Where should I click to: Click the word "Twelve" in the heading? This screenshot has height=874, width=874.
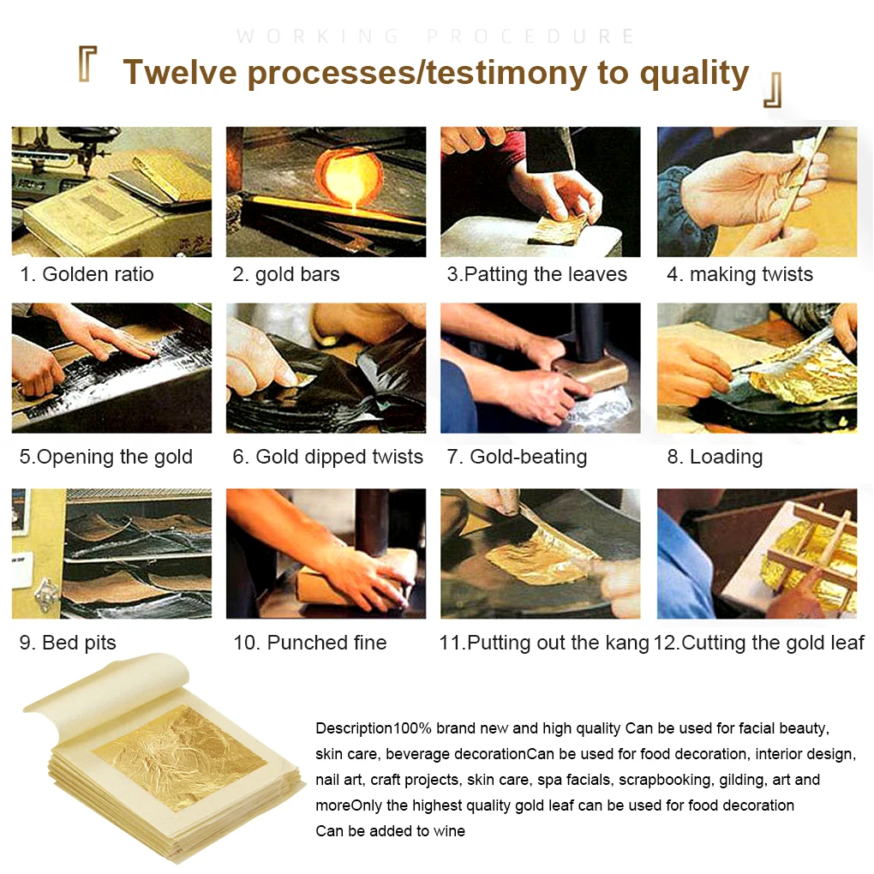click(x=180, y=73)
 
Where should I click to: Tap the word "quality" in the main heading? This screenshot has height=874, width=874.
click(x=694, y=74)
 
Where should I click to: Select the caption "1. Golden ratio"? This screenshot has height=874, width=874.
click(x=87, y=274)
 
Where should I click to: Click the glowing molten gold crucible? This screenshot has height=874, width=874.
click(x=349, y=177)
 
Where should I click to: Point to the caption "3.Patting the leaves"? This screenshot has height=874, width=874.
click(x=536, y=274)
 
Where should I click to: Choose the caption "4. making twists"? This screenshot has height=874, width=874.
click(x=739, y=274)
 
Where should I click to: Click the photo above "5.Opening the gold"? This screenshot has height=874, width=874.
click(x=111, y=368)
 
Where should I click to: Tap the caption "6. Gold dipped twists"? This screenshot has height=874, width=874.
click(x=327, y=457)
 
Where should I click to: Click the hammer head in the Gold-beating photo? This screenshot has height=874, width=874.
click(x=590, y=372)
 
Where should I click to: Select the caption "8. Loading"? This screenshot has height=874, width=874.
click(x=715, y=457)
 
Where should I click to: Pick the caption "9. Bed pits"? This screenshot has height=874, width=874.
click(x=68, y=643)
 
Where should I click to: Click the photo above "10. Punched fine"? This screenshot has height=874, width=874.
click(x=326, y=554)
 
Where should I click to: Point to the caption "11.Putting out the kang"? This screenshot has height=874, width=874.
click(x=544, y=643)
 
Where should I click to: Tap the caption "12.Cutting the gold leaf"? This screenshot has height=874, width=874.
click(x=758, y=643)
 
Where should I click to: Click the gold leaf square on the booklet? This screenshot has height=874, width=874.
click(x=179, y=758)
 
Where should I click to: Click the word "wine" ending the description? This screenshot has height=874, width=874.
click(x=449, y=831)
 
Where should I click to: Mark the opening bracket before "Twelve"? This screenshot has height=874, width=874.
click(x=87, y=64)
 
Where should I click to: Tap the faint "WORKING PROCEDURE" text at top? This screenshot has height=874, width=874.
click(x=435, y=36)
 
